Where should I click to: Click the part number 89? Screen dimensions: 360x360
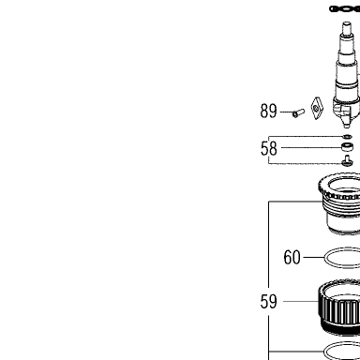[268, 112]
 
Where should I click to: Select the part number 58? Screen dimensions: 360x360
[268, 148]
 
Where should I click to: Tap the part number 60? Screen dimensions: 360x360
[292, 257]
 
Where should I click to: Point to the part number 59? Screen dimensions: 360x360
[268, 302]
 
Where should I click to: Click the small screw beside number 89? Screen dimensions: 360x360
[298, 112]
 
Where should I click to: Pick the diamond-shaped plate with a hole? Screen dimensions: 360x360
[317, 109]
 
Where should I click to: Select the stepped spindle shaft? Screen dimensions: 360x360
[346, 75]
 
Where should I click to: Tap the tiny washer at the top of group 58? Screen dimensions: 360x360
[347, 136]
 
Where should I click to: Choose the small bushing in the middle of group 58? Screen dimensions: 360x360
[347, 146]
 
